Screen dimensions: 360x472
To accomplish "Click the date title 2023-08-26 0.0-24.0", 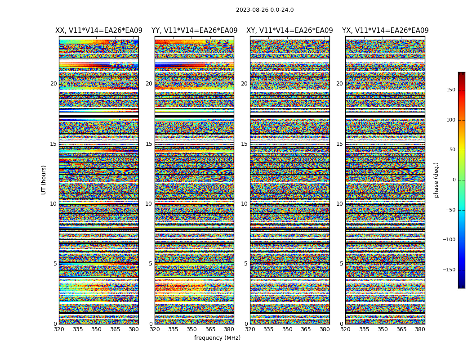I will click(265, 10).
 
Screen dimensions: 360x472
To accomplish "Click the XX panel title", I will click(99, 31).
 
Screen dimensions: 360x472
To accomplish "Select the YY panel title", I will click(194, 31).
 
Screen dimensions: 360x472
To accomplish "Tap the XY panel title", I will click(289, 31).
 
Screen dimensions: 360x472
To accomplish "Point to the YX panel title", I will click(385, 31).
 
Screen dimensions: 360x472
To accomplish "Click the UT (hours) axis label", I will click(44, 180).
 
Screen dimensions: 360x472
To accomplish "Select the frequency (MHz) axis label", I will click(217, 338).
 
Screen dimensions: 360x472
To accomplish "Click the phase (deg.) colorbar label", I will click(436, 180).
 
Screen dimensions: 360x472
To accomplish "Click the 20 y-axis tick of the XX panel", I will click(53, 84).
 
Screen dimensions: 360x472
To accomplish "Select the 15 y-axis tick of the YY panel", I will click(149, 144).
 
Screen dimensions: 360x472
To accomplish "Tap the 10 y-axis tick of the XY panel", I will click(244, 204).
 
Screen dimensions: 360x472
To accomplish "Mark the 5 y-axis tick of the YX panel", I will click(341, 264).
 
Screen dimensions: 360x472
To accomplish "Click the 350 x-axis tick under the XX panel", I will click(97, 329).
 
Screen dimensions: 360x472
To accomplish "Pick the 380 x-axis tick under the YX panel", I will click(420, 329).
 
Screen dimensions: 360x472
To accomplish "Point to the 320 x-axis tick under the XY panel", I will click(250, 329).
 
